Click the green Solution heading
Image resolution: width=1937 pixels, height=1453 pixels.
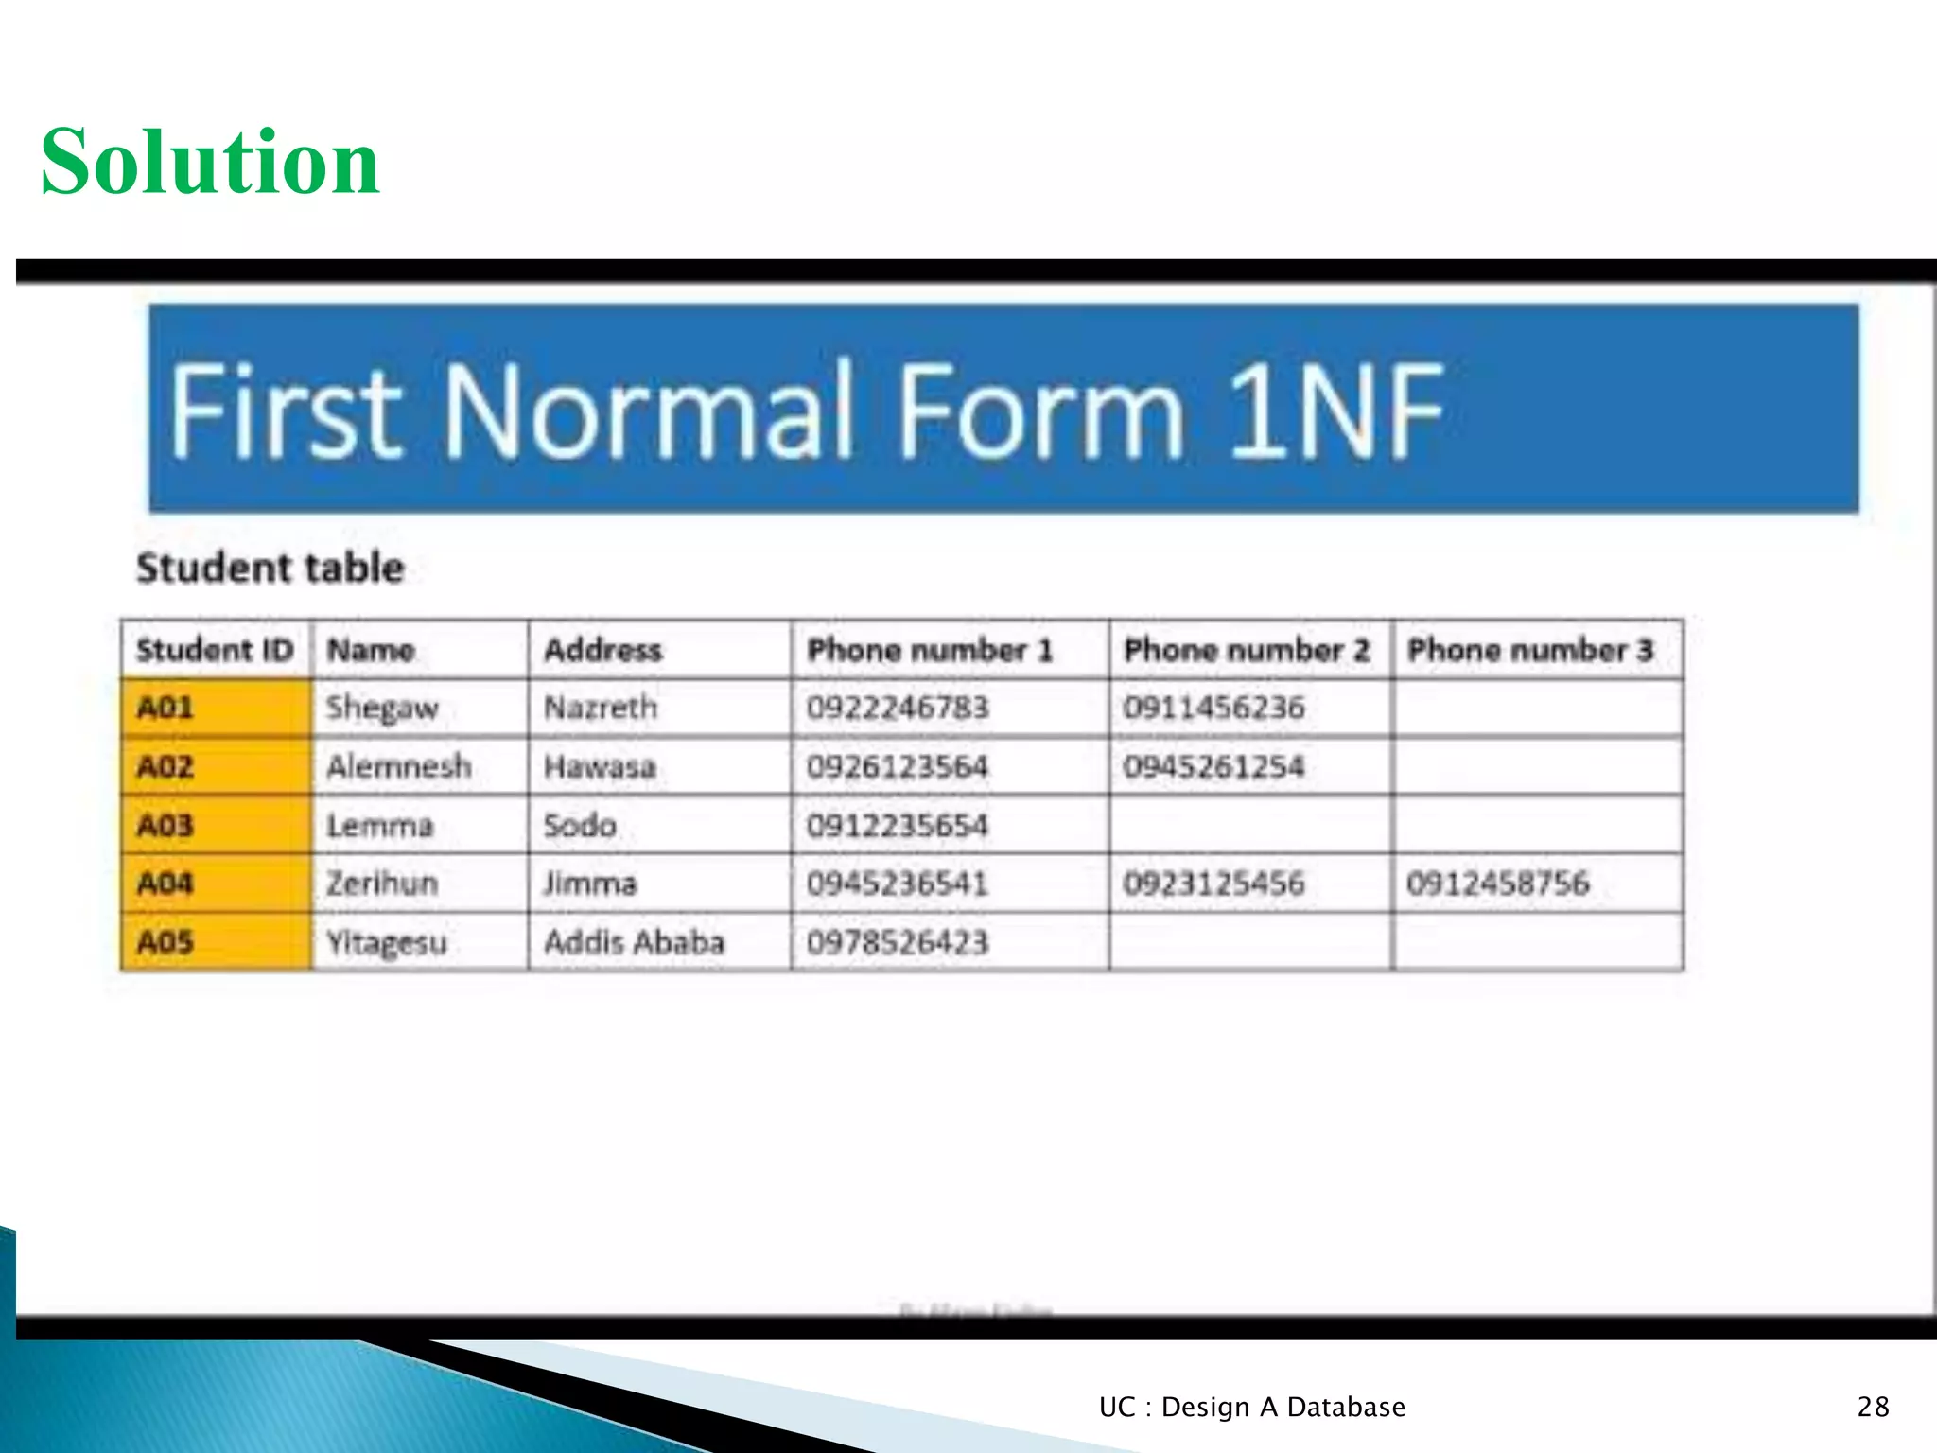210,163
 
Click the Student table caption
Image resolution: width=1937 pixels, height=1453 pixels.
270,569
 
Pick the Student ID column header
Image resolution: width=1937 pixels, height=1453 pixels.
215,650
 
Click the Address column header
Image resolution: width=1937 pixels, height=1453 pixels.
602,650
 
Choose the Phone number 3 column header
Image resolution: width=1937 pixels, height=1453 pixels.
1529,650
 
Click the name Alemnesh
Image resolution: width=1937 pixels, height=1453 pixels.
398,766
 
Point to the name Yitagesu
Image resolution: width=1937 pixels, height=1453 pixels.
386,943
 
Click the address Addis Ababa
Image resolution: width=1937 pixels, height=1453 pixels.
634,942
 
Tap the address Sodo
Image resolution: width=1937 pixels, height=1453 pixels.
579,825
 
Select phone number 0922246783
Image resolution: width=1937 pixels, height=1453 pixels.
897,708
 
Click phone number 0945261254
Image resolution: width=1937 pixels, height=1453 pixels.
1213,766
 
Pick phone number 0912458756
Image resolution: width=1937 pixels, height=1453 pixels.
1497,884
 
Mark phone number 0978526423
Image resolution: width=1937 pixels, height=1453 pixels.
897,942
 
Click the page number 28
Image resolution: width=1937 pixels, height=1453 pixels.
1873,1407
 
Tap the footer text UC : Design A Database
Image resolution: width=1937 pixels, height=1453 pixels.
1251,1407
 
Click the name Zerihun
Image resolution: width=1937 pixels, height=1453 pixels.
382,884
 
